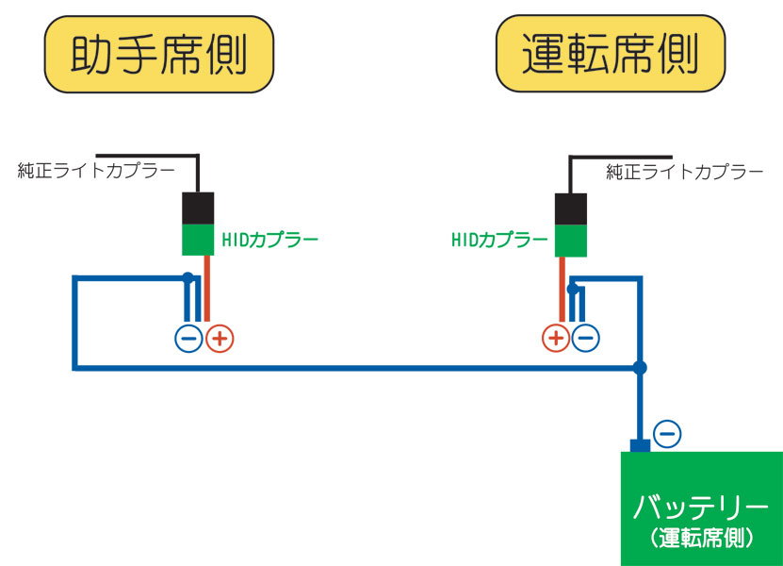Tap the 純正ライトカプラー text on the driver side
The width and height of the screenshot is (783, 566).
point(684,172)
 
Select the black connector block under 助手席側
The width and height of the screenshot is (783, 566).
point(199,206)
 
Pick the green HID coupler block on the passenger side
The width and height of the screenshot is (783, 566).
point(199,239)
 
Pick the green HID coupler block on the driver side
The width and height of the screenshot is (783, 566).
point(571,241)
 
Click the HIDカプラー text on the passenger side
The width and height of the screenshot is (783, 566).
point(270,240)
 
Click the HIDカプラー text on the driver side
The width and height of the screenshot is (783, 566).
point(499,240)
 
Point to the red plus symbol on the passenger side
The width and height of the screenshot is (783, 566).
point(220,338)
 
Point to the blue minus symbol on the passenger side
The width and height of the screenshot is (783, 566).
point(189,338)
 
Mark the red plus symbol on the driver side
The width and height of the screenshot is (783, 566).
point(556,338)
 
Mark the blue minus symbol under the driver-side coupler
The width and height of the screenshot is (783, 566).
point(585,338)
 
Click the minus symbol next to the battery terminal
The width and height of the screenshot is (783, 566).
point(666,433)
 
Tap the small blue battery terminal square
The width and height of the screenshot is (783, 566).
point(640,445)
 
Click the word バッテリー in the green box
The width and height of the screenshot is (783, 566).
point(701,507)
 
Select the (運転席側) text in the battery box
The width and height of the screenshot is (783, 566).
point(701,539)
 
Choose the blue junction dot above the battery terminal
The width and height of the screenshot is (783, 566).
point(641,366)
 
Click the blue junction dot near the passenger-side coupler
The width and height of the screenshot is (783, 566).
point(188,277)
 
